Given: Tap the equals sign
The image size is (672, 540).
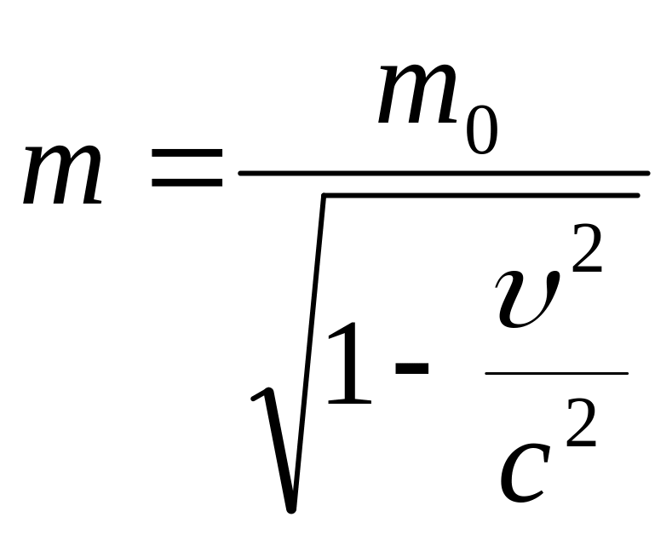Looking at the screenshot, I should coord(186,168).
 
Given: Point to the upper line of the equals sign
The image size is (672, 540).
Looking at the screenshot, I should coord(186,154).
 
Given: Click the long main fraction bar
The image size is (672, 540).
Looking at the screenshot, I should coord(443,173).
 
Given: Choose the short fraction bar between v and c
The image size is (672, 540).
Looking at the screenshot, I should coord(556,373).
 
